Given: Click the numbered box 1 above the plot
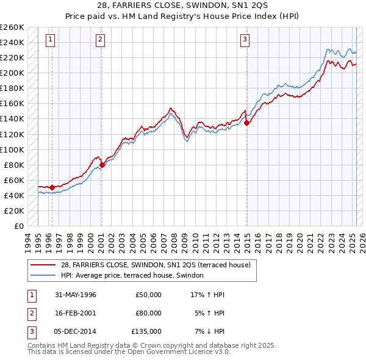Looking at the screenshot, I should [x=50, y=40].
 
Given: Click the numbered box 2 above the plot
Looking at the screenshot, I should [x=100, y=40].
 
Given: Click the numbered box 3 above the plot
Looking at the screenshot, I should [x=245, y=40].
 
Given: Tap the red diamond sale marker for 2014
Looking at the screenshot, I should [x=247, y=123].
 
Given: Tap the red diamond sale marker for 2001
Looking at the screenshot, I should [x=102, y=165].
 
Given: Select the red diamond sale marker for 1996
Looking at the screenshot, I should [x=52, y=187].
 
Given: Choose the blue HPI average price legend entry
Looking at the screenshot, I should [x=135, y=276].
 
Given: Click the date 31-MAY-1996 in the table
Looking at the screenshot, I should [x=76, y=295].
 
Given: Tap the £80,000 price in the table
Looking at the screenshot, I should [x=148, y=313].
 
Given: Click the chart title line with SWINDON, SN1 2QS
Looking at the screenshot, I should [x=182, y=5].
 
